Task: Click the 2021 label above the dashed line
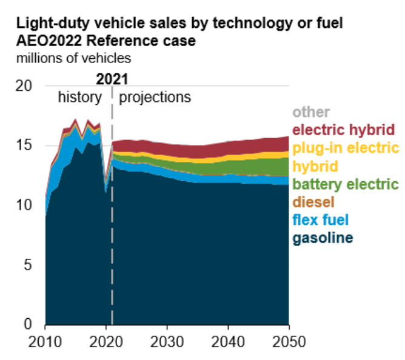(113, 78)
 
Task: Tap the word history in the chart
(81, 97)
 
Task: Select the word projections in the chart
(155, 97)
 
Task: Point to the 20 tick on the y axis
(23, 86)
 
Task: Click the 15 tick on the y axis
(23, 146)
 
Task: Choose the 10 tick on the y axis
(23, 205)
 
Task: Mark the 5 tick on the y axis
(27, 265)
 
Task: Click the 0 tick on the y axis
(27, 324)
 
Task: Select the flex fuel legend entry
(321, 219)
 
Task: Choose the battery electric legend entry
(345, 184)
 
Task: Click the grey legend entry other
(311, 112)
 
